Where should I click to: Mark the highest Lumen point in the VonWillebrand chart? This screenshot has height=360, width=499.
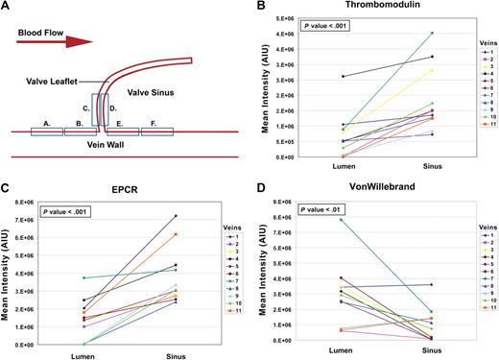point(315,219)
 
